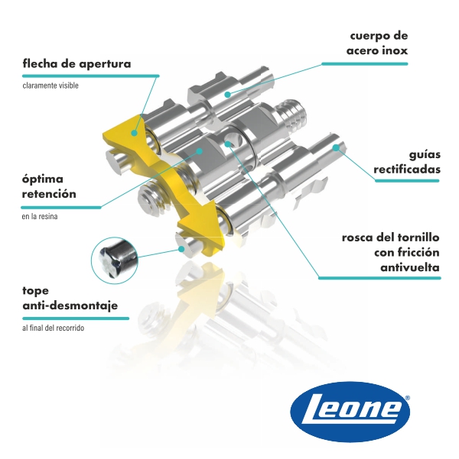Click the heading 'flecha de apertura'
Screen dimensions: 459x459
(x=76, y=63)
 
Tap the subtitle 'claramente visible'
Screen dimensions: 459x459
(x=50, y=86)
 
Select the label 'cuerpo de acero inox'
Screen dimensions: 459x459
(x=377, y=44)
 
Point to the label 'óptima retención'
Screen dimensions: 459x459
(x=49, y=186)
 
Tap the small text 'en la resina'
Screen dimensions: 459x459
(x=40, y=217)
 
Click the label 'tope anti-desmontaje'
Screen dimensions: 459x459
(x=70, y=298)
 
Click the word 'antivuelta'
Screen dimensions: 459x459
(x=410, y=267)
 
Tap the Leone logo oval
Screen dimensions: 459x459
(x=350, y=412)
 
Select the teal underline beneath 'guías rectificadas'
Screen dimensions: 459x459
(x=407, y=181)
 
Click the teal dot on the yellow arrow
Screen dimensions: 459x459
(x=135, y=132)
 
